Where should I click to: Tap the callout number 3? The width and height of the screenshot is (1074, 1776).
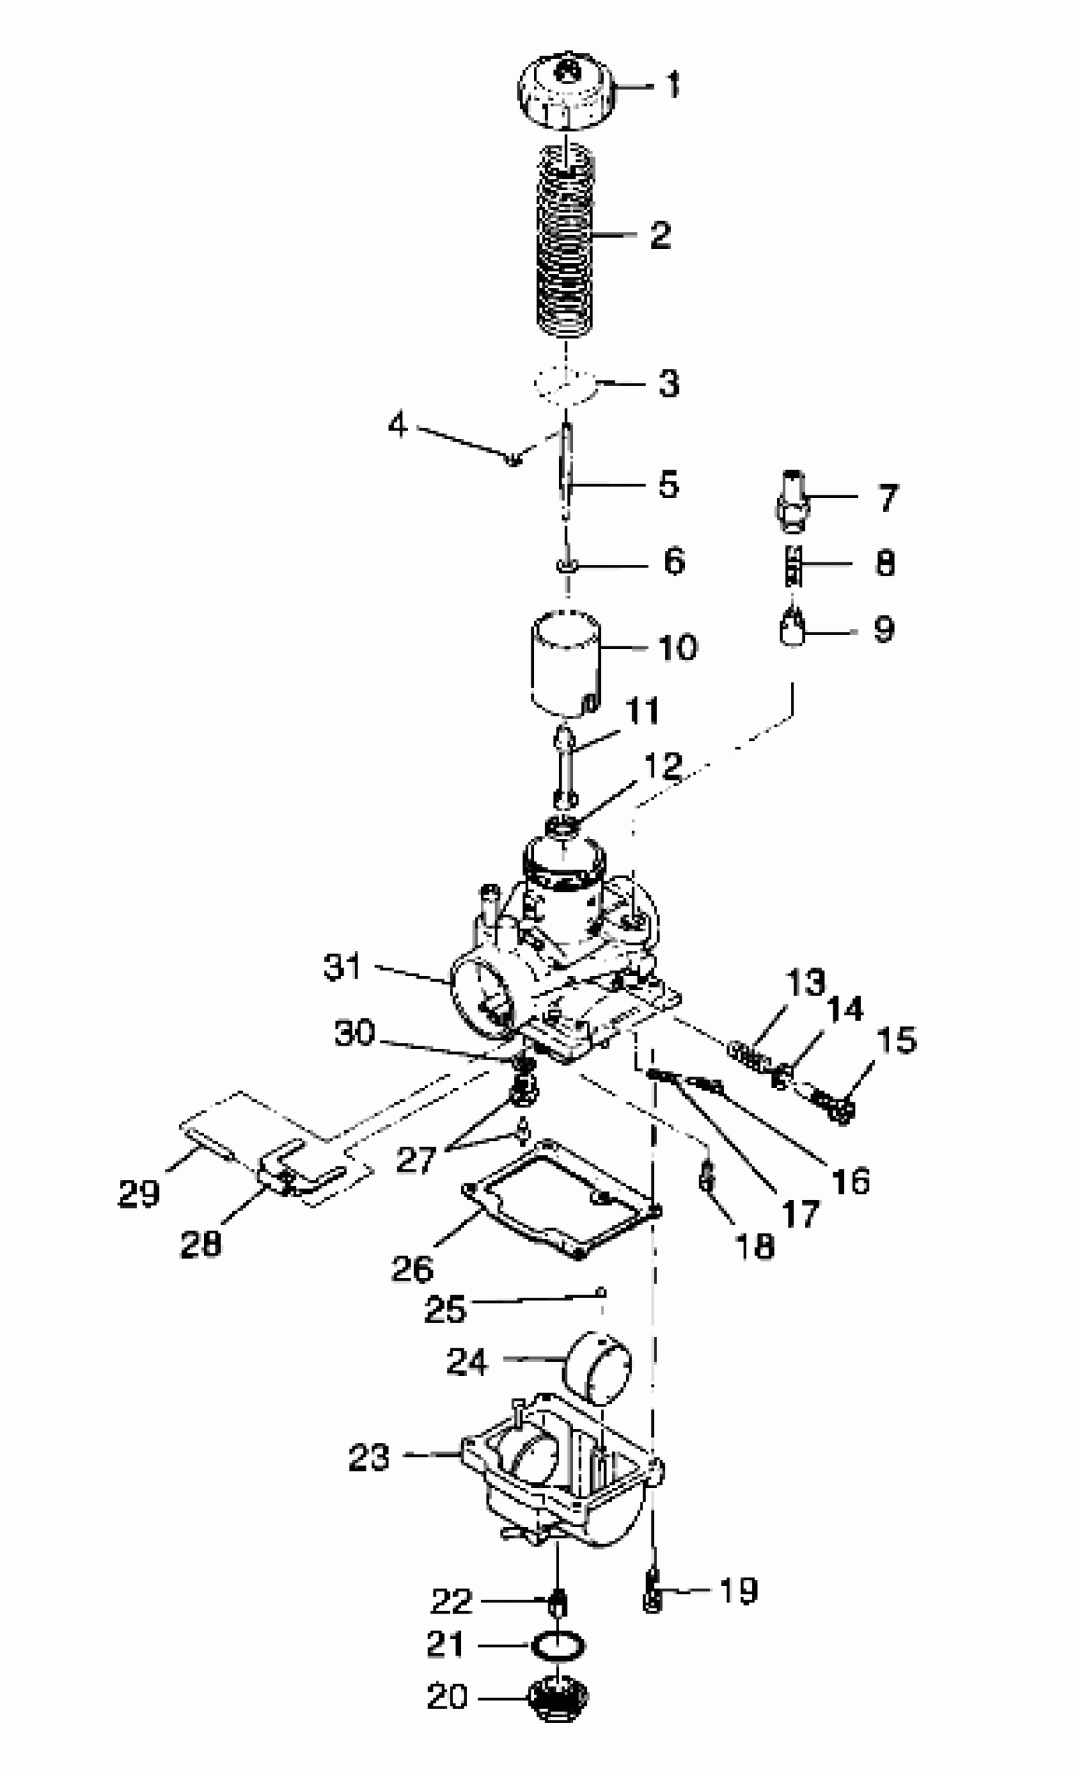669,384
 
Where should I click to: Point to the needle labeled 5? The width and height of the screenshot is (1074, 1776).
567,472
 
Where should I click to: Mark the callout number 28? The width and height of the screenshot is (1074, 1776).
200,1243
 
